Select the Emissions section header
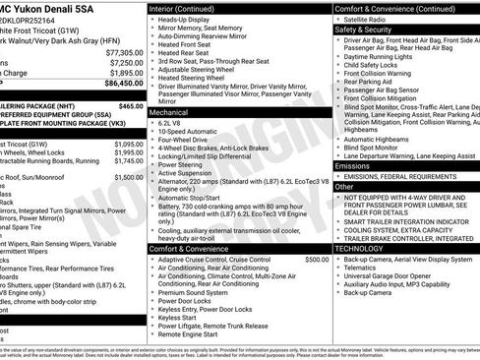tap(353, 166)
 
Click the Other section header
tap(344, 186)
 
